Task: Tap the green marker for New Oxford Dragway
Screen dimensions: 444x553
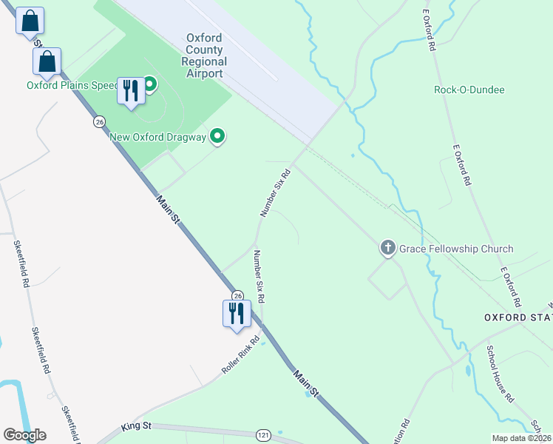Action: (x=217, y=135)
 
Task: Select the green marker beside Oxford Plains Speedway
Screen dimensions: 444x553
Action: (x=150, y=84)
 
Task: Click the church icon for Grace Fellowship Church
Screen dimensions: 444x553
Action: (x=388, y=248)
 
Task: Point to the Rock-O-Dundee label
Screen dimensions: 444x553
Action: (x=469, y=90)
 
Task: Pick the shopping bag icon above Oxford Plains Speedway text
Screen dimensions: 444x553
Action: (x=47, y=62)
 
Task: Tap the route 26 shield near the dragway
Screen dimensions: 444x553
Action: (x=99, y=121)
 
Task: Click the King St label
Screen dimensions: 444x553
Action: (x=136, y=427)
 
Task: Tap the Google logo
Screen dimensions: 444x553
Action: (x=24, y=434)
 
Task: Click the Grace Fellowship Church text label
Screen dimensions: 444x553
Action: (x=456, y=249)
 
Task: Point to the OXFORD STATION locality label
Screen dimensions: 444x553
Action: (x=518, y=317)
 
